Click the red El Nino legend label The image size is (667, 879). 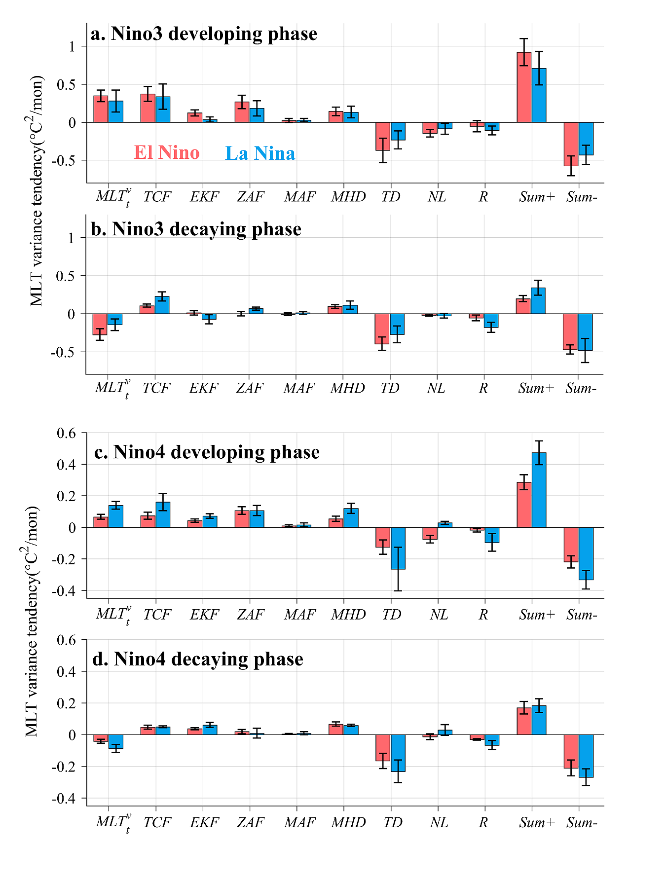167,152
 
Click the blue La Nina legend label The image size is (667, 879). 260,153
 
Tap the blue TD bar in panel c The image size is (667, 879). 398,548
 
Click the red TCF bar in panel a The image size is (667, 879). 148,108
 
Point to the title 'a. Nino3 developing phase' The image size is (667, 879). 204,34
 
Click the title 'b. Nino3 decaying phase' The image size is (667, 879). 196,229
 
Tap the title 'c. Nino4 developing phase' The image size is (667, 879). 207,452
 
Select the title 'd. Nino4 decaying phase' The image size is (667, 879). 198,659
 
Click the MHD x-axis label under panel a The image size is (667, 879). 348,197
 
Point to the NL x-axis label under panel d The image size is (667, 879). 439,822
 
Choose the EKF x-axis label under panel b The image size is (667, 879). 203,388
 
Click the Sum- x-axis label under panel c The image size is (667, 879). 582,615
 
